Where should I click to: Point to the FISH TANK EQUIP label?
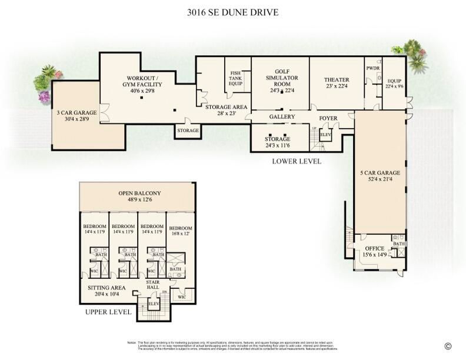[235, 78]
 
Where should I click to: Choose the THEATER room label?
[337, 83]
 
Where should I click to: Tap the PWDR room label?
[372, 68]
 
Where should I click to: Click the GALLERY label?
[282, 117]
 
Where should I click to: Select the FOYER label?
[328, 118]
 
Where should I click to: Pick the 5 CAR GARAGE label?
[380, 176]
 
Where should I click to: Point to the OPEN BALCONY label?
[139, 196]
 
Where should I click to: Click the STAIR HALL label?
[152, 285]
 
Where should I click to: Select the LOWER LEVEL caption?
[297, 161]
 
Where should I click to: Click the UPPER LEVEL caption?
[108, 312]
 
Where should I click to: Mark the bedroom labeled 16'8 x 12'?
[180, 231]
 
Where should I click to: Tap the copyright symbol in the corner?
[448, 346]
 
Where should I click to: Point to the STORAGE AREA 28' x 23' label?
[225, 110]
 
